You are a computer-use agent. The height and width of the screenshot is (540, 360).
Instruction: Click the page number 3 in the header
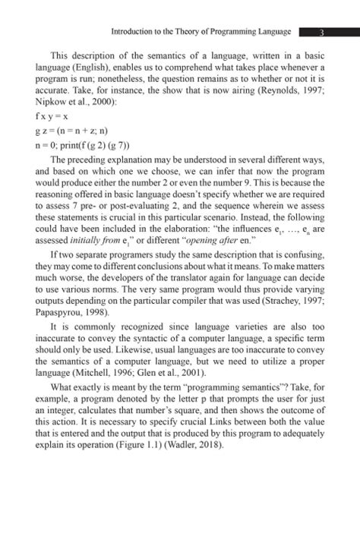coord(323,32)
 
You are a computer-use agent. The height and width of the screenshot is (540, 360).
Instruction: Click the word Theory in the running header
coord(178,32)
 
